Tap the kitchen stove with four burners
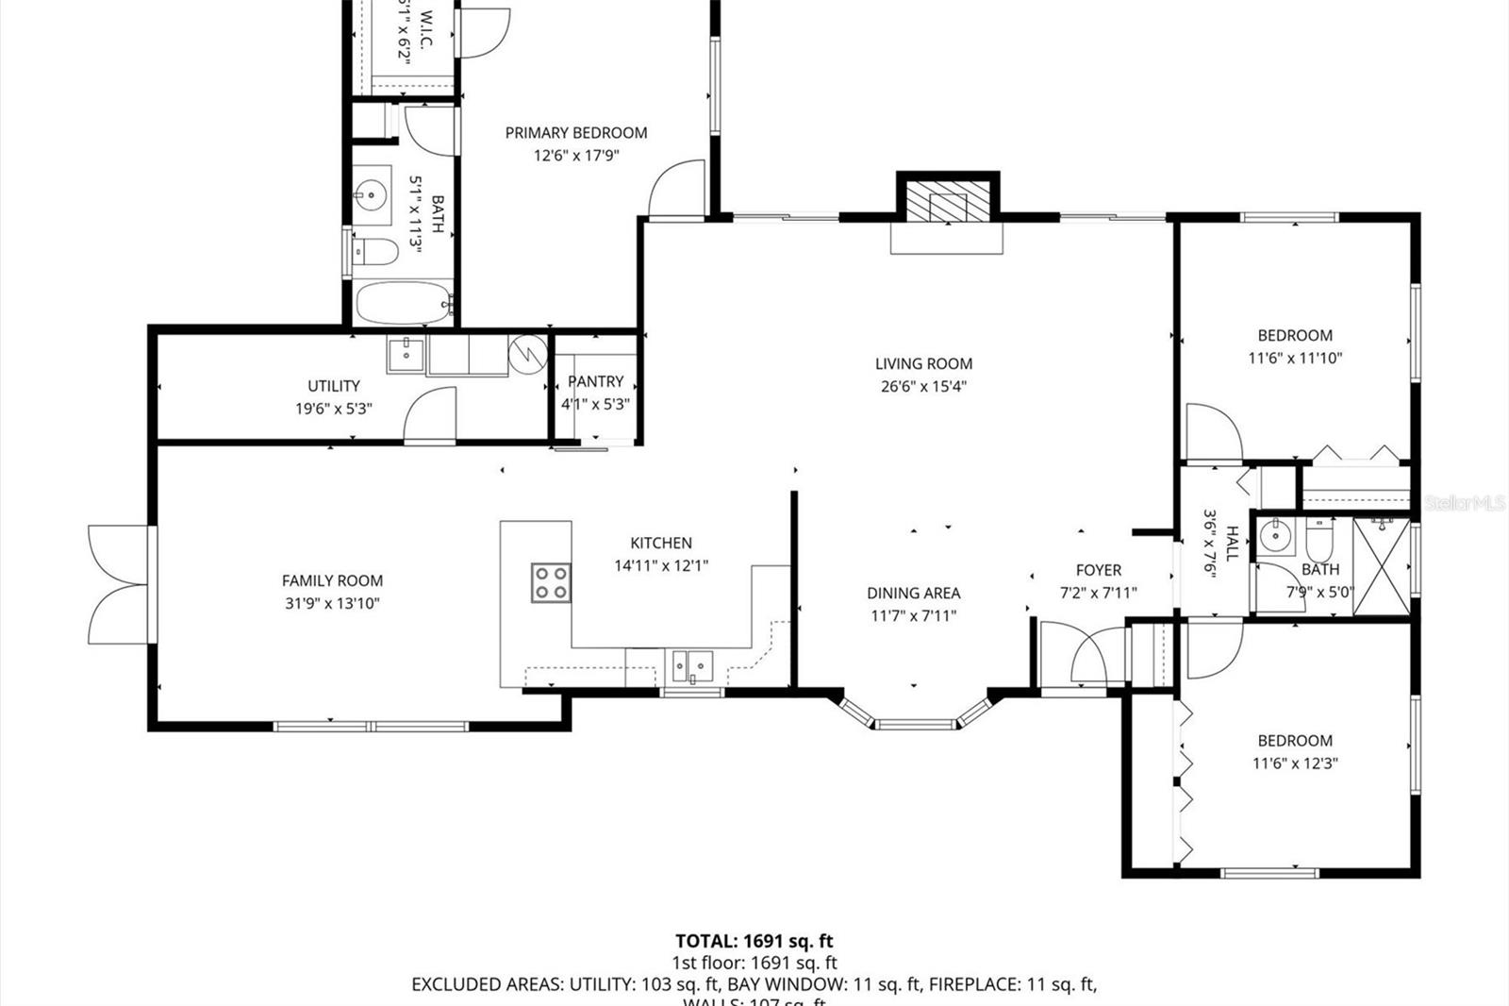pyautogui.click(x=551, y=582)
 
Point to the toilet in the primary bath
pyautogui.click(x=374, y=252)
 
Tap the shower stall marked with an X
pyautogui.click(x=1381, y=566)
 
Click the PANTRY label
pyautogui.click(x=595, y=381)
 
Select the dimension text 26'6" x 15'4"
pyautogui.click(x=923, y=386)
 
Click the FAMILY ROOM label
pyautogui.click(x=332, y=581)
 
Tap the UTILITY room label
pyautogui.click(x=334, y=386)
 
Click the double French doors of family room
pyautogui.click(x=118, y=585)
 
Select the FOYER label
pyautogui.click(x=1099, y=570)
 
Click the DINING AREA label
pyautogui.click(x=913, y=593)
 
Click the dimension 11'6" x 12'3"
pyautogui.click(x=1295, y=763)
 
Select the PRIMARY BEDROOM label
pyautogui.click(x=576, y=133)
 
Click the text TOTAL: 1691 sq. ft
pyautogui.click(x=754, y=941)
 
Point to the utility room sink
pyautogui.click(x=406, y=356)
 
